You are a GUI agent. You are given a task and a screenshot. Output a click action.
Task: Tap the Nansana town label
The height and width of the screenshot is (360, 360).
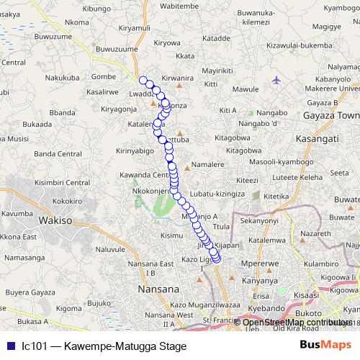click(157, 289)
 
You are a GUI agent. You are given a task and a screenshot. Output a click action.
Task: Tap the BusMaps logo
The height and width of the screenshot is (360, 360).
click(322, 346)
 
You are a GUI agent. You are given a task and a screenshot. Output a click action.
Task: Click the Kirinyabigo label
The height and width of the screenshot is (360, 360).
click(135, 152)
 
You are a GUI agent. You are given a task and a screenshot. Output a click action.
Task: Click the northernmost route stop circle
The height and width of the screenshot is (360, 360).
click(143, 81)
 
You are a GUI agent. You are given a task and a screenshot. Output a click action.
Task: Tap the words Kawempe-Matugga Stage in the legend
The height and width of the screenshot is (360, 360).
click(125, 346)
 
